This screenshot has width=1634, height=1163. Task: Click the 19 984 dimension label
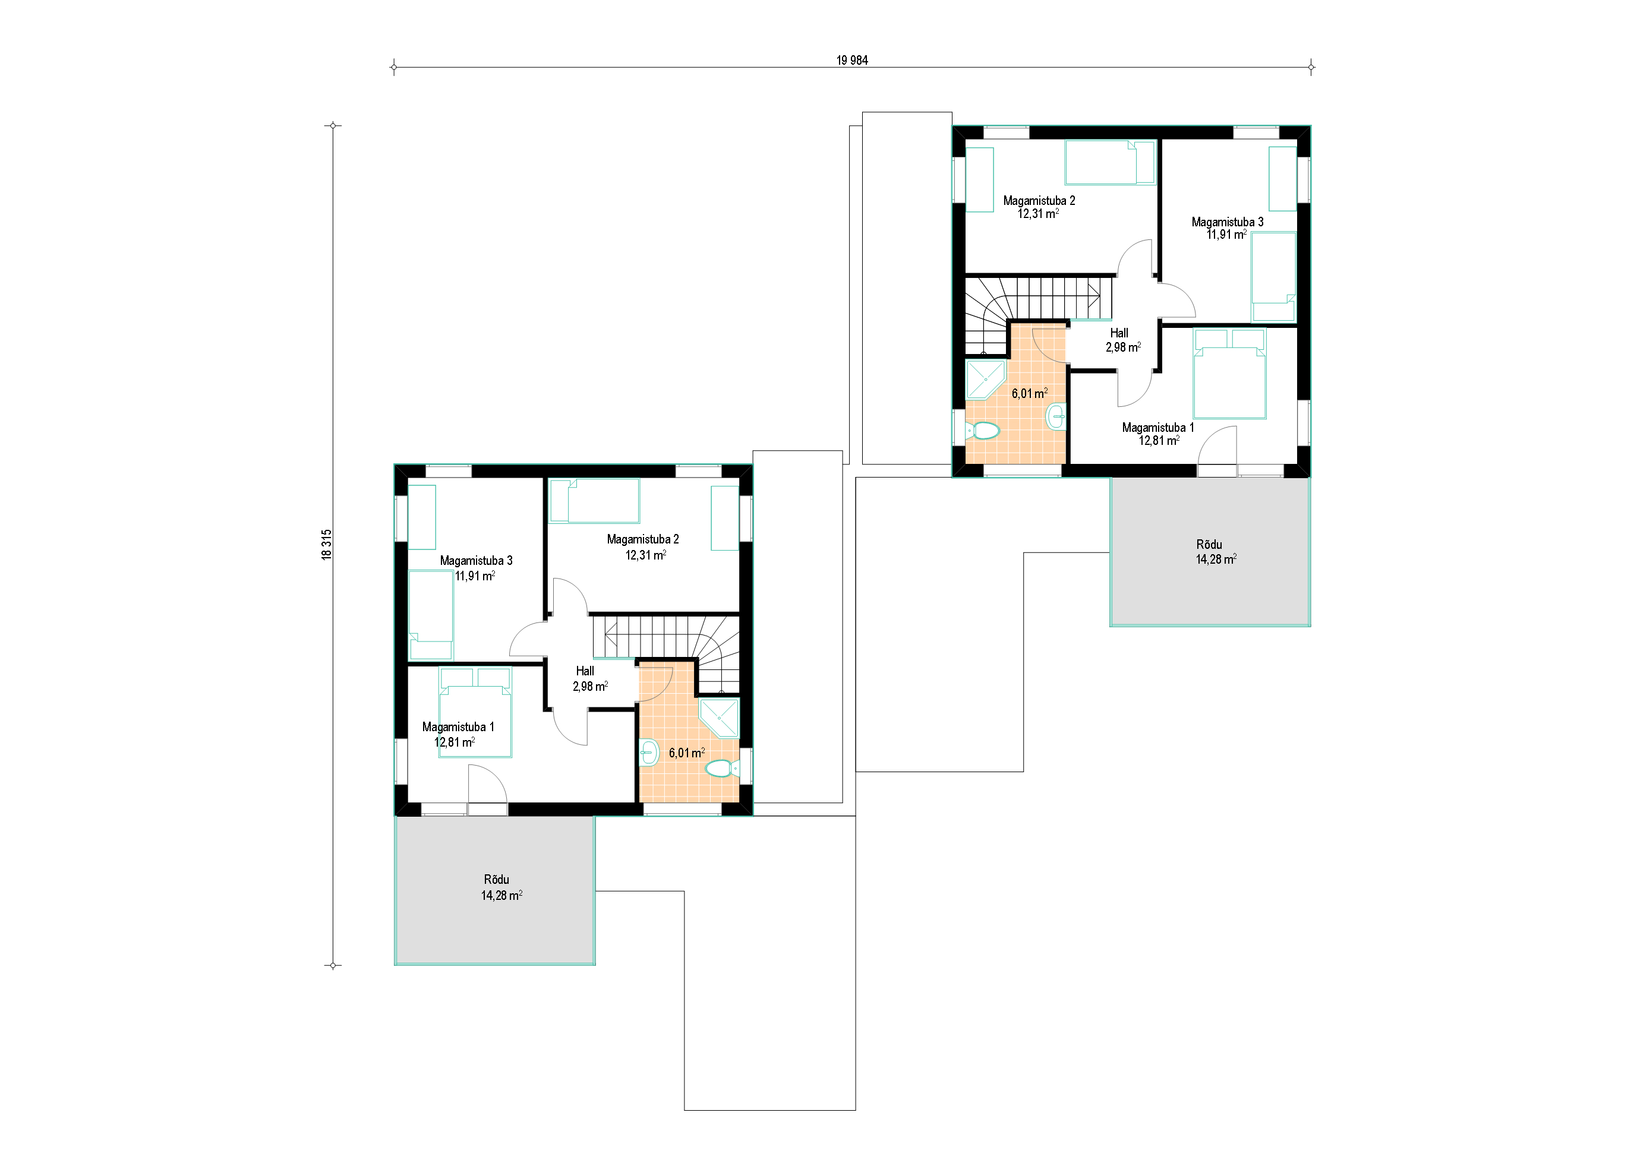tap(851, 61)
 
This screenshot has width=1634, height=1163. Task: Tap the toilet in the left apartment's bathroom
tap(721, 769)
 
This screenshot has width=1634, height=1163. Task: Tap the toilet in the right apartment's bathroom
tap(983, 431)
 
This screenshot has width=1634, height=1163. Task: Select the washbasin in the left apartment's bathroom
tap(648, 753)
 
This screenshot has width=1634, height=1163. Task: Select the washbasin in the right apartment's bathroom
tap(1056, 416)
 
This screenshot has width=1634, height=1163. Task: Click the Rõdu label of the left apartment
tap(496, 880)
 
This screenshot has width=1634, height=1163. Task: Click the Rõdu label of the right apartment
tap(1209, 544)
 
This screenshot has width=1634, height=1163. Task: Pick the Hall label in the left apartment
tap(585, 671)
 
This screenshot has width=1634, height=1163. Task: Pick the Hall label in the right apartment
tap(1119, 333)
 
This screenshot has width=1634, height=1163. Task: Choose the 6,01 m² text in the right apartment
tap(1029, 393)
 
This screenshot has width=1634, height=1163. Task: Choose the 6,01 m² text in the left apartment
tap(687, 753)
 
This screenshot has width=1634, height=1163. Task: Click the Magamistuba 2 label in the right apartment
tap(1039, 201)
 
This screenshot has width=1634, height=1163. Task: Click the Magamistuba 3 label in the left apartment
tap(477, 561)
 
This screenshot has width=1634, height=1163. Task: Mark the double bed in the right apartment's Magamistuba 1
tap(1229, 373)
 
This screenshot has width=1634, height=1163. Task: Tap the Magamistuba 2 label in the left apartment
tap(642, 539)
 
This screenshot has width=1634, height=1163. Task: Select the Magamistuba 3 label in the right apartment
tap(1227, 222)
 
